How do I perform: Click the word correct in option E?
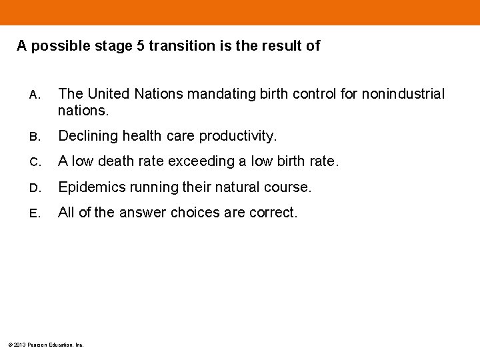pyautogui.click(x=273, y=213)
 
